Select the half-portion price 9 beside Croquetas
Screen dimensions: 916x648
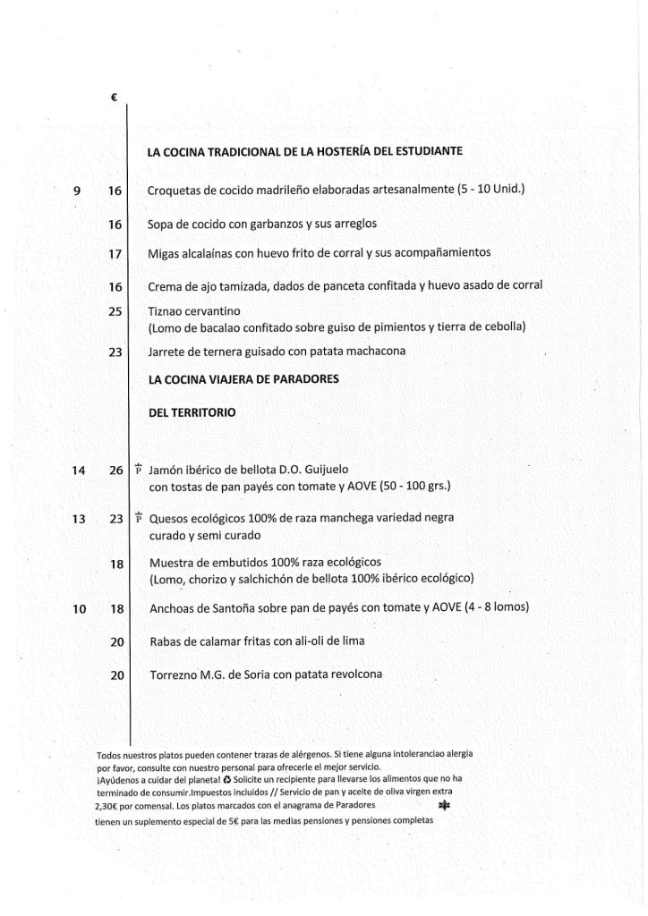[x=77, y=191]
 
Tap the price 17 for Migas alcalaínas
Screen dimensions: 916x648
[x=115, y=253]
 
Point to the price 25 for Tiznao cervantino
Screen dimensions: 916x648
[x=115, y=310]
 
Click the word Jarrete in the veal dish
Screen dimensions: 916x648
[x=167, y=352]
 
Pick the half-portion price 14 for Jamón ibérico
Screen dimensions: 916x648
[x=80, y=470]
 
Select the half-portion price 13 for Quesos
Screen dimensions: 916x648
[x=79, y=519]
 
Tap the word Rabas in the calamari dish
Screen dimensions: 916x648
[x=166, y=641]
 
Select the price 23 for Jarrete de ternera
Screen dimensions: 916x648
[x=115, y=352]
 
